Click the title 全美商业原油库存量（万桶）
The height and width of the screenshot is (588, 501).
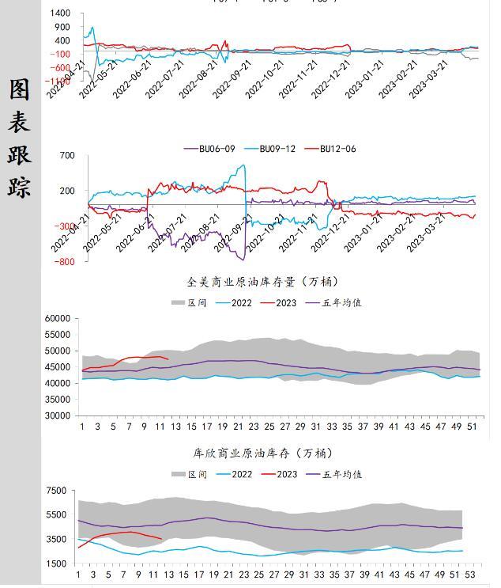[x=262, y=282]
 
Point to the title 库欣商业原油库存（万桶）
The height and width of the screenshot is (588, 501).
[x=262, y=453]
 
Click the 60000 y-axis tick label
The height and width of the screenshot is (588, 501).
[x=59, y=318]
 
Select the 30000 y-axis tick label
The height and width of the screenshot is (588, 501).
[x=59, y=415]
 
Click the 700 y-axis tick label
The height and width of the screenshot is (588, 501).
[x=66, y=156]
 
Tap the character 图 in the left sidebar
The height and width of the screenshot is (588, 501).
[x=19, y=89]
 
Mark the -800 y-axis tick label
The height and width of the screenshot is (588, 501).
[x=65, y=262]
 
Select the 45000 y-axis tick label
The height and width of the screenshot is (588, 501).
[x=59, y=366]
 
